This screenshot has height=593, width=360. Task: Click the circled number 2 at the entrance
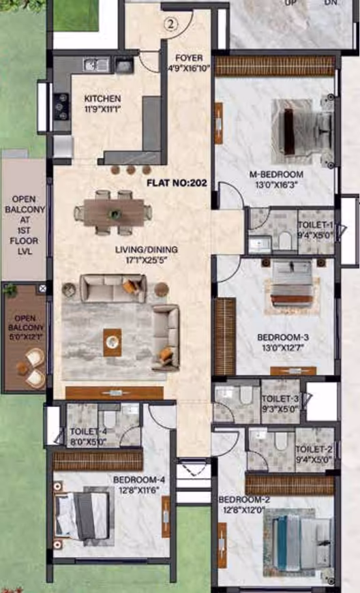171,25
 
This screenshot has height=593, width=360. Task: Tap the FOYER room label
189,58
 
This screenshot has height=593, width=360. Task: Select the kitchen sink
96,65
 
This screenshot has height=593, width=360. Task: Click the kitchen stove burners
61,106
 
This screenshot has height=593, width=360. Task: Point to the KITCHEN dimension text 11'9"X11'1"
102,109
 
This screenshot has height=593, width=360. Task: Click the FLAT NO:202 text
177,183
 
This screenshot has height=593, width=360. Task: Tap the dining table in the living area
113,213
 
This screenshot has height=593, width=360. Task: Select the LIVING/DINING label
147,249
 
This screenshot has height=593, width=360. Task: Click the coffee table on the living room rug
112,342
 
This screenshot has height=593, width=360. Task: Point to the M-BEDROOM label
276,174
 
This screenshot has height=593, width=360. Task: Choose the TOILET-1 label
316,225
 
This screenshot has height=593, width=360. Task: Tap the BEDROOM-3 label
283,337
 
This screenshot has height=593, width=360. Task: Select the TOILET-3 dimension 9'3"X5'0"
280,409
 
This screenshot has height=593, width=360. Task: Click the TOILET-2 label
314,449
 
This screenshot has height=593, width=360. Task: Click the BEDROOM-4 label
139,481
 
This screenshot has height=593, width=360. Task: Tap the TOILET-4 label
88,432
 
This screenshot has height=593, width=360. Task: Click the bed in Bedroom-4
82,516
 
